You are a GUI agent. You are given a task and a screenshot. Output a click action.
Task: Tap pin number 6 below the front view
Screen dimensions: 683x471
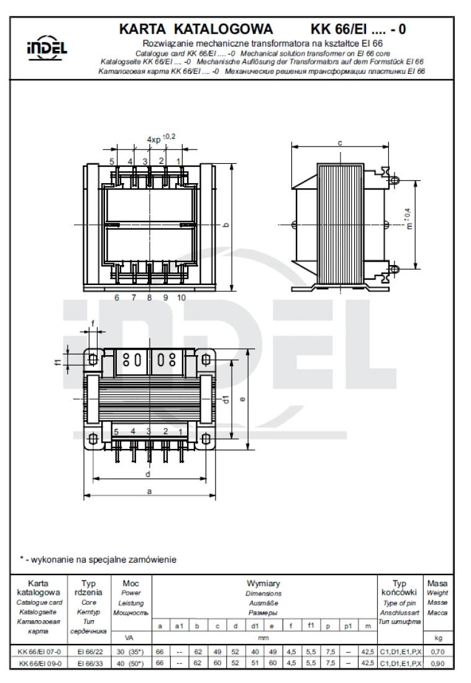click(117, 297)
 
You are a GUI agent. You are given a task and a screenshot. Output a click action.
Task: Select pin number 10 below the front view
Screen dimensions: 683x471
click(181, 297)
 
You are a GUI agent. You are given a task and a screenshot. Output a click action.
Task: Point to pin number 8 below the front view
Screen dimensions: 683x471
click(149, 297)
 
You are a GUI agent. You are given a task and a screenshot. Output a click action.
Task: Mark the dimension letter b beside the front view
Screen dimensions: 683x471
click(226, 225)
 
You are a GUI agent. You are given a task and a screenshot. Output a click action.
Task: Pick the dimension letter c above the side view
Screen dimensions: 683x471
click(340, 142)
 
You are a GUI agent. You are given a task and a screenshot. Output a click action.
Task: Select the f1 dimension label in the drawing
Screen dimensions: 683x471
click(56, 360)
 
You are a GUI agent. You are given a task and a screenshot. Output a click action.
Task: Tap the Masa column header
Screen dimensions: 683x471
click(437, 584)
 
